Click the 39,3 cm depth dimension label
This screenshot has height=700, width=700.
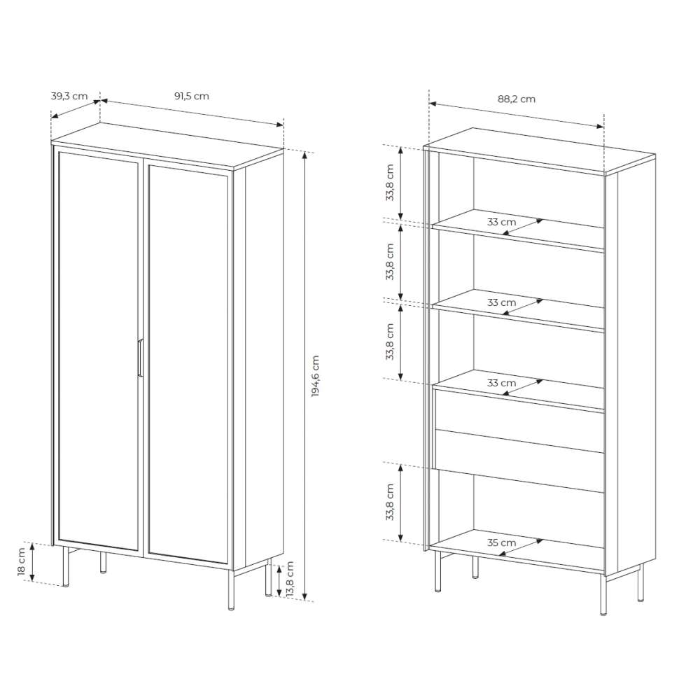point(69,97)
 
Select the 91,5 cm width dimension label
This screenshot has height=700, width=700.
point(192,97)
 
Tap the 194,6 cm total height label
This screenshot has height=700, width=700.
point(316,376)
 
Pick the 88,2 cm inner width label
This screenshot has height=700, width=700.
point(517,99)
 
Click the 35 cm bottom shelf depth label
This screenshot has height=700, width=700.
point(501,543)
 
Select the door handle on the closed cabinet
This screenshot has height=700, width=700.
point(140,358)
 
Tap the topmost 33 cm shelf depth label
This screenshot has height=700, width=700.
point(501,222)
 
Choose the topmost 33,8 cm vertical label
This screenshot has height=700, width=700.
point(390,182)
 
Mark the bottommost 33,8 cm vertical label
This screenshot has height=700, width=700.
point(390,502)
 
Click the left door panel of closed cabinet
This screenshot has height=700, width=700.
point(99,351)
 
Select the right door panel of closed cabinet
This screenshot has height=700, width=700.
point(188,365)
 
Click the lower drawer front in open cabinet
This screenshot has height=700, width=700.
point(519,461)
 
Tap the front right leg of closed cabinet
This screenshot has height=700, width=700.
point(231,589)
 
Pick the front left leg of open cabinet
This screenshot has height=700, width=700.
point(438,571)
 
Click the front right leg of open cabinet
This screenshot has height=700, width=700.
point(603,595)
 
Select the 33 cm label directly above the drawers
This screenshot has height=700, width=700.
point(501,383)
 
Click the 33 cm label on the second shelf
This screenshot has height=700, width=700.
point(501,302)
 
